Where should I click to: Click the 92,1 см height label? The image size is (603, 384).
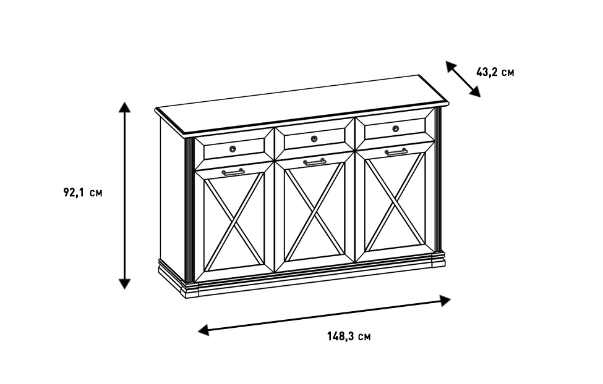coord(83,193)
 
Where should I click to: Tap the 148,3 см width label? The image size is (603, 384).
coord(349,336)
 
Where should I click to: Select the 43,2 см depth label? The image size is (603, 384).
coord(495,72)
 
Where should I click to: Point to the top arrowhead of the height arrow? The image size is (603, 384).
coord(125,107)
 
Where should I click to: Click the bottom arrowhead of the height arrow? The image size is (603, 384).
coord(125,283)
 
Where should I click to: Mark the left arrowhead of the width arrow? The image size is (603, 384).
coord(203,331)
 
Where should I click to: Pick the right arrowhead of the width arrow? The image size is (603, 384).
coord(445,301)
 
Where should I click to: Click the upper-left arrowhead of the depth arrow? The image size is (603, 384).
coord(450,66)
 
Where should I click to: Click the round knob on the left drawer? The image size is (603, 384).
coord(233,149)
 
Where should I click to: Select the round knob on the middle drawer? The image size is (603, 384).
coord(314,138)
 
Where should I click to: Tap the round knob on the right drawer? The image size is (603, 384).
coord(395,128)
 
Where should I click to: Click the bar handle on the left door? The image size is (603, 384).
coord(233,172)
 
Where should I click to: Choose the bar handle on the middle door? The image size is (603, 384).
coord(314,162)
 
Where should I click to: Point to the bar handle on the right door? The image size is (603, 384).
coord(396,151)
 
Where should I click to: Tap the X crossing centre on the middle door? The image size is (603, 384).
coord(315,211)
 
